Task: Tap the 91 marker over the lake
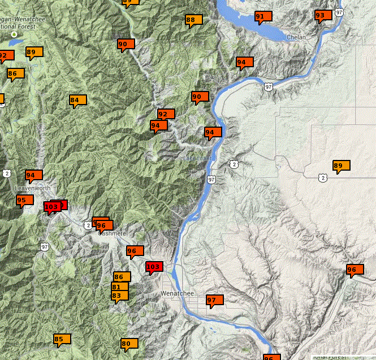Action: click(261, 17)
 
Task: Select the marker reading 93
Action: click(321, 15)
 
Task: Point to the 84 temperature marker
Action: click(75, 101)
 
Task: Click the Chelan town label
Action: click(296, 37)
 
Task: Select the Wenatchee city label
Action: click(177, 294)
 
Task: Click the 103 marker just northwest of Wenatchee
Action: click(153, 267)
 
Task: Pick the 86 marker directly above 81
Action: click(119, 277)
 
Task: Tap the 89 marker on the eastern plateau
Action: click(339, 166)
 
